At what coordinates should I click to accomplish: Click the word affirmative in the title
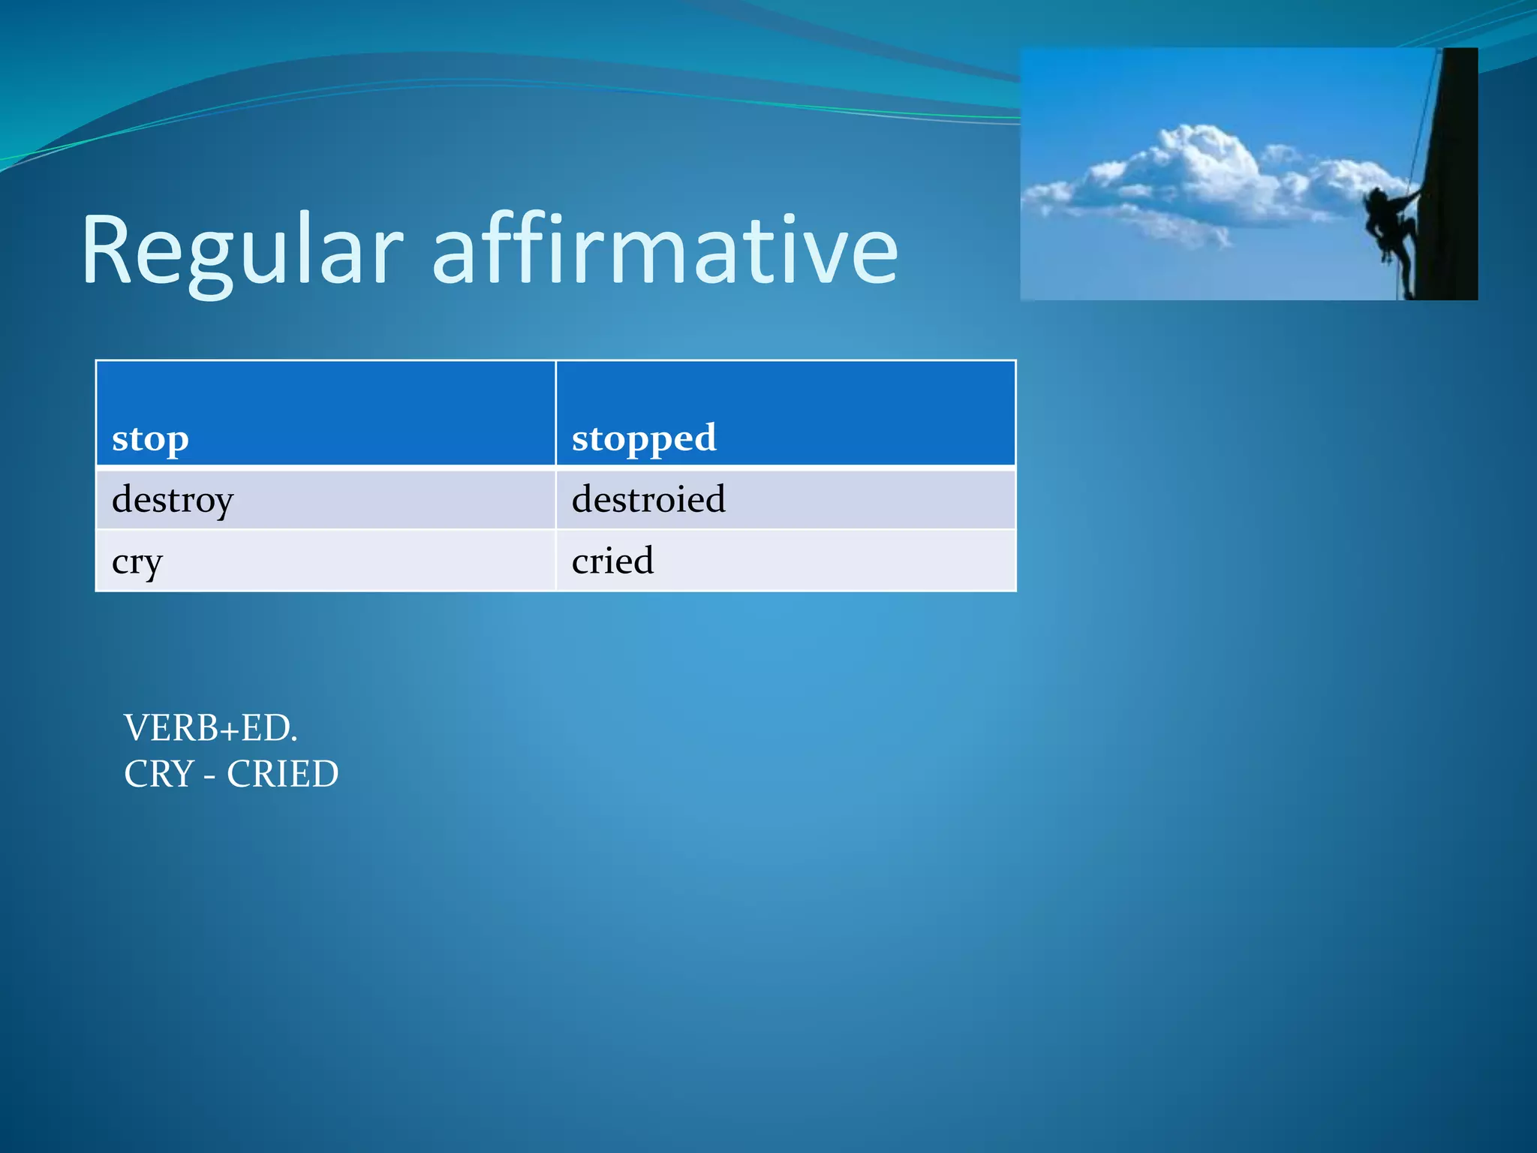[x=665, y=251]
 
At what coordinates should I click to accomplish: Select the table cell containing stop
[x=325, y=414]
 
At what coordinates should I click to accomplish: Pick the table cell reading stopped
[x=785, y=414]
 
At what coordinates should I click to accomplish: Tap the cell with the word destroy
[x=325, y=499]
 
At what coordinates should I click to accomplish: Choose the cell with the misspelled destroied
[x=785, y=499]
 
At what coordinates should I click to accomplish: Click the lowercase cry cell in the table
[x=325, y=561]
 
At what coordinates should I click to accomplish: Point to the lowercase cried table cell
[x=785, y=561]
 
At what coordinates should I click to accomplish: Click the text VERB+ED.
[x=210, y=728]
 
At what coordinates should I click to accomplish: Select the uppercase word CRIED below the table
[x=283, y=774]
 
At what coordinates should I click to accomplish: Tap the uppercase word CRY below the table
[x=159, y=774]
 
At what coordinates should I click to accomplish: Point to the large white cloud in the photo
[x=1201, y=176]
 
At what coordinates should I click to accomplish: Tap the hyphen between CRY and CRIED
[x=209, y=775]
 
